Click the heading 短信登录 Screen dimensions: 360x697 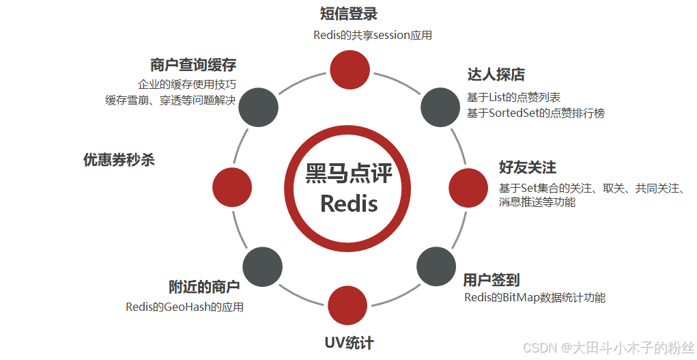point(349,14)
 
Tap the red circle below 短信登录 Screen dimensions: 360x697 point(350,68)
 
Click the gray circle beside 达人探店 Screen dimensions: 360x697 point(439,107)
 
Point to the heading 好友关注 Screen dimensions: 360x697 point(528,167)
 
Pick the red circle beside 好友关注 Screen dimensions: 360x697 point(467,186)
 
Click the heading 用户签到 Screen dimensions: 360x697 point(492,279)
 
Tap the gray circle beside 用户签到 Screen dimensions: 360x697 point(436,266)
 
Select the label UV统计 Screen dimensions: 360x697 point(349,343)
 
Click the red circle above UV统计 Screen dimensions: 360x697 point(348,305)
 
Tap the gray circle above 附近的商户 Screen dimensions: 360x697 point(262,266)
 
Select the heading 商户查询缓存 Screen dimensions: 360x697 point(193,65)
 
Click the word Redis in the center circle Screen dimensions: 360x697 point(349,203)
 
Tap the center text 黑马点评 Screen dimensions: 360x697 point(349,173)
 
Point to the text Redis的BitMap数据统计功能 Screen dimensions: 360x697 point(535,297)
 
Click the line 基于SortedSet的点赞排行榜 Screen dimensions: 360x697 point(536,113)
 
